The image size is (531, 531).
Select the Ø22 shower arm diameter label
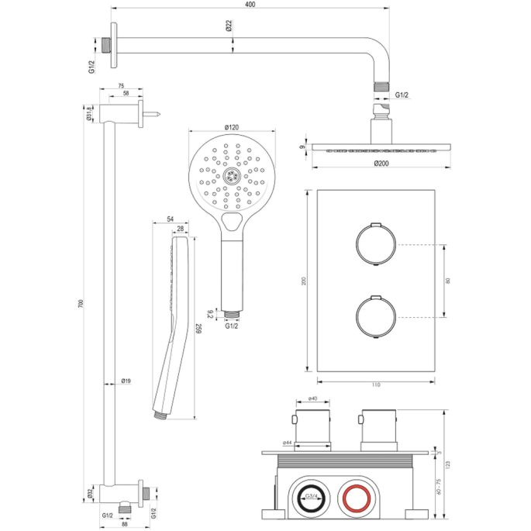230,26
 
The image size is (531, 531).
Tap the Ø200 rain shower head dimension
381,164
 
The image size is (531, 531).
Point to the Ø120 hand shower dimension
231,126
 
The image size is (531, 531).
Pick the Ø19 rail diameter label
126,381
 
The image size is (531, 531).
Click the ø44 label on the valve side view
287,443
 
